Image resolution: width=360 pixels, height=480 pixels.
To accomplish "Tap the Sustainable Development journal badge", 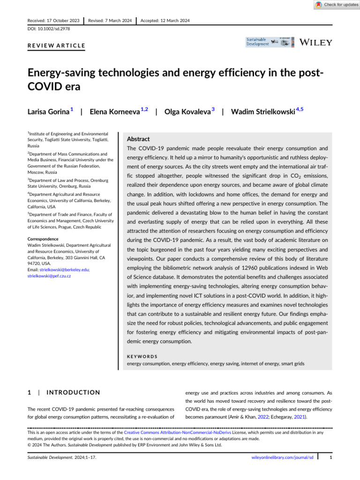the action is pyautogui.click(x=270, y=42).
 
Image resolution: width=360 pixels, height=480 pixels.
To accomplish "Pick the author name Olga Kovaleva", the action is pyautogui.click(x=187, y=112).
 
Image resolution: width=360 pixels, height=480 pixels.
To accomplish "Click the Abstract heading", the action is pyautogui.click(x=139, y=139).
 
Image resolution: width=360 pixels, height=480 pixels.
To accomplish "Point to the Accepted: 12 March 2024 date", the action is pyautogui.click(x=165, y=21).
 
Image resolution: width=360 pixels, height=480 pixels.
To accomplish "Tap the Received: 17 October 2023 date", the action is pyautogui.click(x=53, y=21).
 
